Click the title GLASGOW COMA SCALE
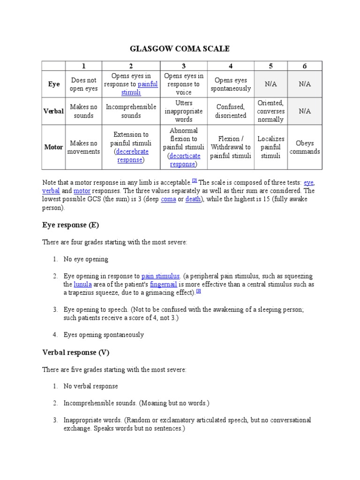pos(180,49)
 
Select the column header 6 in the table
pos(305,66)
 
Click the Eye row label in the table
pos(54,84)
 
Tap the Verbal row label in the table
pos(54,111)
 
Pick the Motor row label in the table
pos(53,147)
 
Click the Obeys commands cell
pos(305,147)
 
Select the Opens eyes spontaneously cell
pos(231,84)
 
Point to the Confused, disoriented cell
pos(231,111)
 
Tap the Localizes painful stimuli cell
pos(270,147)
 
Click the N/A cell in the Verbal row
pos(305,111)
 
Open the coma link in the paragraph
pos(168,199)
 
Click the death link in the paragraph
pos(193,199)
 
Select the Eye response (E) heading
pos(71,225)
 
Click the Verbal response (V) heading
pos(75,352)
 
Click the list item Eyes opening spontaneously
pos(104,335)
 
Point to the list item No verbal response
pos(91,386)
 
